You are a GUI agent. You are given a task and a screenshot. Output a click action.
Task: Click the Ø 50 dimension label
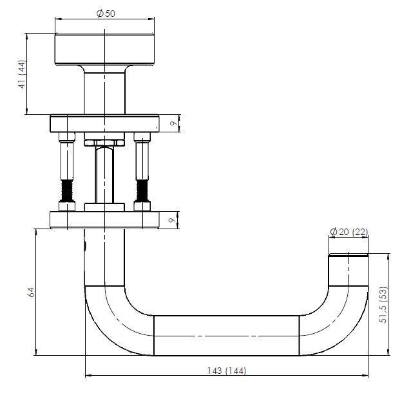[x=106, y=14]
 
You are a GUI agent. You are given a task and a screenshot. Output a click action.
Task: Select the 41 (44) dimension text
[x=23, y=74]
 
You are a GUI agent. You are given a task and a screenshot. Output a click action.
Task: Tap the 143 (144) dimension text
[x=227, y=371]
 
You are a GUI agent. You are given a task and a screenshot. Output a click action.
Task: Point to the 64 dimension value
[x=31, y=292]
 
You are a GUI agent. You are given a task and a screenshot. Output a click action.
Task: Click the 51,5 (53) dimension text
[x=383, y=305]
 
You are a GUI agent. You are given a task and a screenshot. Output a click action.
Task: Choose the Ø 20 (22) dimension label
[x=349, y=232]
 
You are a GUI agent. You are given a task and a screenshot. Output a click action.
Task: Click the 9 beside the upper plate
[x=173, y=123]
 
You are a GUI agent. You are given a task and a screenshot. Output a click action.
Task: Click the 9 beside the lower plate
[x=172, y=220]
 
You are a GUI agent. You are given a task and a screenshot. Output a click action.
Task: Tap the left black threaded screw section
[x=67, y=190]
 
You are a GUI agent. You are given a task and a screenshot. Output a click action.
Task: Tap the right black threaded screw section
[x=142, y=190]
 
